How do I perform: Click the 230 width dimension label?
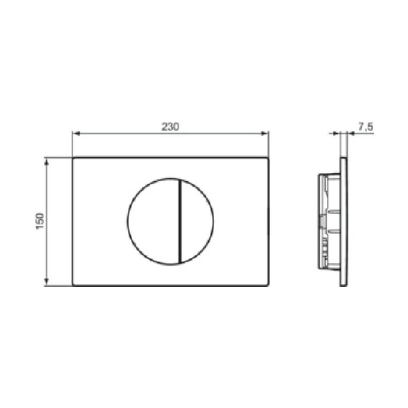click(x=170, y=127)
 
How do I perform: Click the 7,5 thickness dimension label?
click(x=365, y=127)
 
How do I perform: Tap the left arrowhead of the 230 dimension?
click(x=76, y=134)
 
